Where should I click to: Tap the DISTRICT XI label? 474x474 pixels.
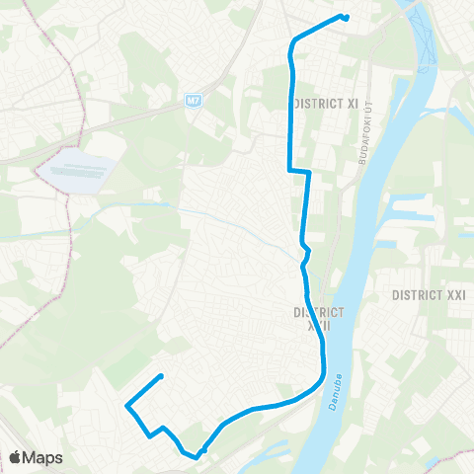point(326,103)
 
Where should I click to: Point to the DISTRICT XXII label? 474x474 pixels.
point(318,318)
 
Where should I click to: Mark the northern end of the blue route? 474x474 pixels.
point(346,17)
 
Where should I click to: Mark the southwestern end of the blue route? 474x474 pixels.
point(160,376)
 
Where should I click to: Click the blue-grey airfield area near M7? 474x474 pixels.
point(75,171)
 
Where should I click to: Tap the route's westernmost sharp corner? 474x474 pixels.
point(126,405)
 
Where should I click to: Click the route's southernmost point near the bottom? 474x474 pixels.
point(197,457)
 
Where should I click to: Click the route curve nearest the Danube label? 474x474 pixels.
point(323,376)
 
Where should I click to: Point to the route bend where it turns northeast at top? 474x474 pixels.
point(294,41)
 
